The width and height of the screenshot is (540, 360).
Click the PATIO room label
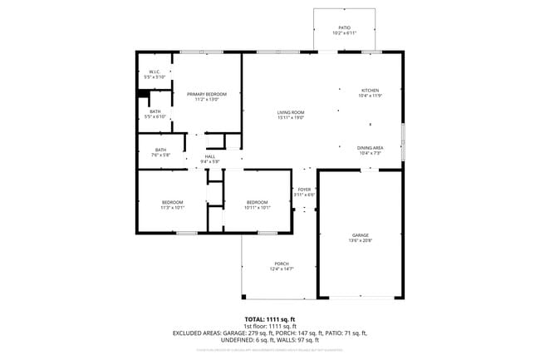coord(344,27)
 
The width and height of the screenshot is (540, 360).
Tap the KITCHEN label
coord(369,90)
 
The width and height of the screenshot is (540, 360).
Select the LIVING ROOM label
coord(291,112)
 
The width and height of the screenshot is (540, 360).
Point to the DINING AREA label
coord(370,147)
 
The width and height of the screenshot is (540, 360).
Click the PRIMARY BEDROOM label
coord(206,94)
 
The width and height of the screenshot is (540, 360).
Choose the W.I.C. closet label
coord(155,72)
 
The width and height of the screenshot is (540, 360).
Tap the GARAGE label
coord(360,235)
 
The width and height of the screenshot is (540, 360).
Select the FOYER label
coord(304,190)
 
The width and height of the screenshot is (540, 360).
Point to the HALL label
coord(209,156)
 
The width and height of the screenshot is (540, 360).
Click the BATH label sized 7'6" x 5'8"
coord(160,150)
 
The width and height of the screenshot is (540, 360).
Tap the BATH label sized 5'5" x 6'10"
coord(155,111)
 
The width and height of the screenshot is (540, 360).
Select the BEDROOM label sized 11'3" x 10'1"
coord(172,202)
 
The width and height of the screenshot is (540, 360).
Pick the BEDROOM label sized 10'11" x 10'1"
coord(258,202)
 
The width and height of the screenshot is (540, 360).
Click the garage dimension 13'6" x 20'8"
coord(360,241)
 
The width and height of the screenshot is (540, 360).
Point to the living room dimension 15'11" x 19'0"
coord(291,118)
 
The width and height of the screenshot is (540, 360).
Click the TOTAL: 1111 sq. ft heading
coord(269,319)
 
